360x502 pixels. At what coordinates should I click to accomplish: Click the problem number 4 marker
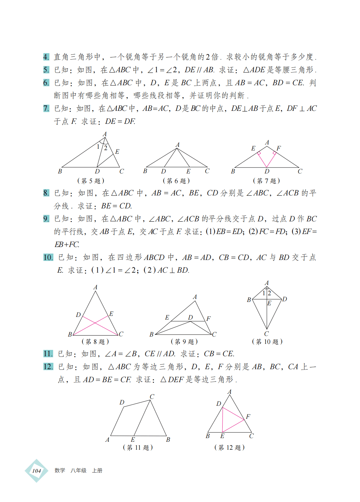[46, 57]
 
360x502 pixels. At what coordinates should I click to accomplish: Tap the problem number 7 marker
[46, 109]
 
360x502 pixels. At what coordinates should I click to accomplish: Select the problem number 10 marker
[48, 257]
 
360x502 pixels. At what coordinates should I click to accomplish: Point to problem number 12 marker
[48, 367]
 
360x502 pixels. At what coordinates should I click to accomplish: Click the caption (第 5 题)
[91, 181]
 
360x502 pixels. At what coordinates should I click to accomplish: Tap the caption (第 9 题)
[184, 342]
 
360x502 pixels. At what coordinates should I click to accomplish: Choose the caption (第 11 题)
[138, 447]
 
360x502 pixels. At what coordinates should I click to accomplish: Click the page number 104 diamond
[37, 471]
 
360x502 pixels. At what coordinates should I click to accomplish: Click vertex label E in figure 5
[117, 152]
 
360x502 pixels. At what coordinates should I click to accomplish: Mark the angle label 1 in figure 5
[98, 146]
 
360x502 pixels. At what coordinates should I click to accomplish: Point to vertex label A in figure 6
[177, 145]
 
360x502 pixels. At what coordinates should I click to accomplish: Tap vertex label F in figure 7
[278, 148]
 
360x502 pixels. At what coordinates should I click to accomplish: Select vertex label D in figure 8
[78, 315]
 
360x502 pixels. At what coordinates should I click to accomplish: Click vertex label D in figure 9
[190, 317]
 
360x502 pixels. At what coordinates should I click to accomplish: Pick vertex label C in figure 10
[267, 334]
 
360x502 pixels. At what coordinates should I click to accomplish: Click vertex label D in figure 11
[122, 402]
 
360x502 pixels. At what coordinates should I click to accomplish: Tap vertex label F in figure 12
[248, 416]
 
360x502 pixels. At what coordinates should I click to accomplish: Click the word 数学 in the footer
[60, 470]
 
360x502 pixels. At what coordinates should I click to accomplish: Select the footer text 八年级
[79, 470]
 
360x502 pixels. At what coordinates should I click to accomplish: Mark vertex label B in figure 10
[249, 300]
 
